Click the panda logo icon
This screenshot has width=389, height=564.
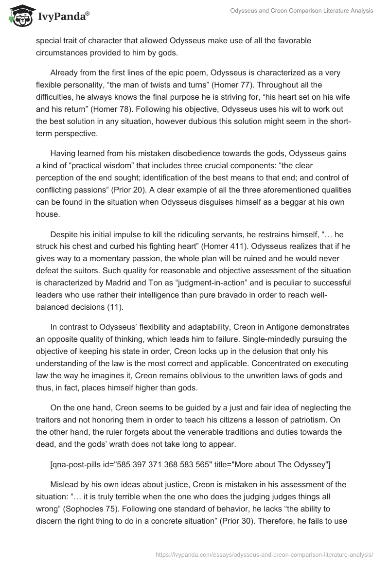(x=18, y=16)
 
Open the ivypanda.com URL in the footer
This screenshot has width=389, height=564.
(x=264, y=554)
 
